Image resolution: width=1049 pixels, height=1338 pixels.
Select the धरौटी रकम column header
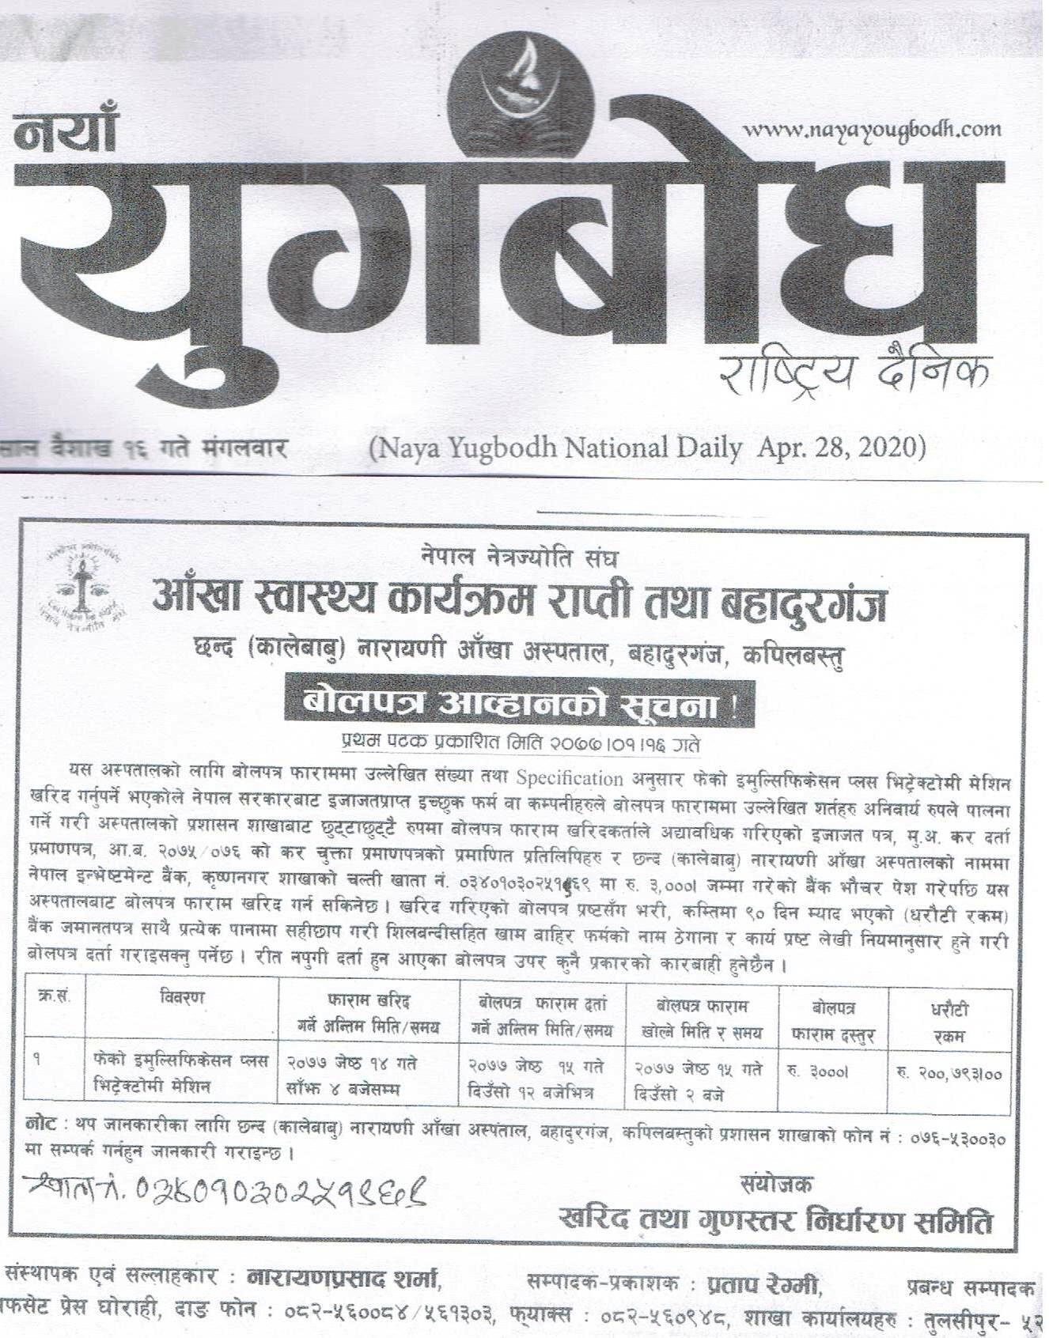click(x=949, y=1021)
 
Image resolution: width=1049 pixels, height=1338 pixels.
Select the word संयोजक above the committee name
click(x=776, y=1183)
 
